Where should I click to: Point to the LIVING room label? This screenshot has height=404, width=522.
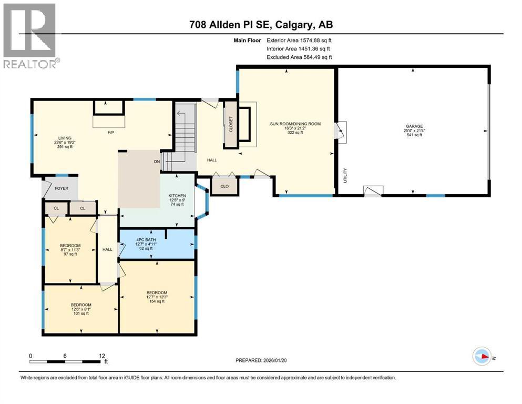tap(65, 138)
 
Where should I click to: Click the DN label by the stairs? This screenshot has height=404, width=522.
tap(156, 162)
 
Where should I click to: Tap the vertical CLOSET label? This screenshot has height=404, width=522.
tap(230, 124)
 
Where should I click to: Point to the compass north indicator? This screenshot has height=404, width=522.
tap(483, 357)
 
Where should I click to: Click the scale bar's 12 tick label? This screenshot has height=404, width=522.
tap(101, 356)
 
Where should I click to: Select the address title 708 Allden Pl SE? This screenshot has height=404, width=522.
tap(261, 24)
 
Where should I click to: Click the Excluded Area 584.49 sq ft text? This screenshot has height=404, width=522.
tap(299, 57)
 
